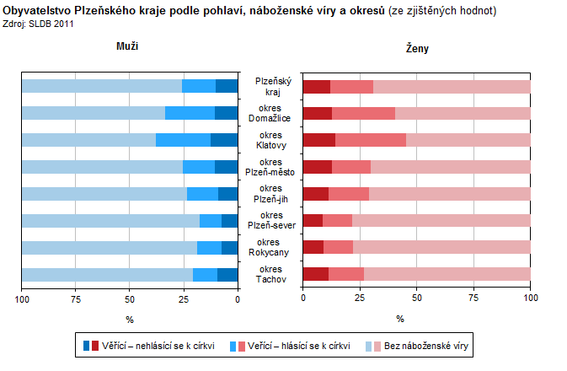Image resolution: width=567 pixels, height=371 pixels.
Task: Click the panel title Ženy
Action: pyautogui.click(x=417, y=49)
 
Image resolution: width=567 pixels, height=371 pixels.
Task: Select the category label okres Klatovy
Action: pyautogui.click(x=270, y=140)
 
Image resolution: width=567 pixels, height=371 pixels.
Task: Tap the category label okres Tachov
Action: pyautogui.click(x=270, y=275)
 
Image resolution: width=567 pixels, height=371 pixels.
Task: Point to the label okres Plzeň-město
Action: pyautogui.click(x=270, y=167)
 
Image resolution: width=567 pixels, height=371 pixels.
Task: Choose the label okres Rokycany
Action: pyautogui.click(x=270, y=248)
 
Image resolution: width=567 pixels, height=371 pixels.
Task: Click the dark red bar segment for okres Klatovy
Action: pyautogui.click(x=318, y=140)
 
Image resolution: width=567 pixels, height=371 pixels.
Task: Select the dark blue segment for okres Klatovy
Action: pyautogui.click(x=224, y=140)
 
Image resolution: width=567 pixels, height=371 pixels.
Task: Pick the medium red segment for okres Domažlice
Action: pyautogui.click(x=363, y=113)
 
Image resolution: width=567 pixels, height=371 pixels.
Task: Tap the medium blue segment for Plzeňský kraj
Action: pyautogui.click(x=199, y=86)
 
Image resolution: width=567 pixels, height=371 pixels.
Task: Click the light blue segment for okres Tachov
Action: pyautogui.click(x=107, y=275)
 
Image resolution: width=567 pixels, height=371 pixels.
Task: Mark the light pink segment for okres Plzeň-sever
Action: pyautogui.click(x=441, y=221)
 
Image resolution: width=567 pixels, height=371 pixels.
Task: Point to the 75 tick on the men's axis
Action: pyautogui.click(x=76, y=299)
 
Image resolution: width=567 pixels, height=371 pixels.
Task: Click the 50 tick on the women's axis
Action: pyautogui.click(x=416, y=299)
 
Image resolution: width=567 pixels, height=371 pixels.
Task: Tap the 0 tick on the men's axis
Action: pyautogui.click(x=238, y=299)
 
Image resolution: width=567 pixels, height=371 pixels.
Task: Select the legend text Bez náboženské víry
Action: pyautogui.click(x=427, y=346)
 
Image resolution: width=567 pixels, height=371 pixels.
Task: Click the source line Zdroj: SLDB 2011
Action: pyautogui.click(x=40, y=24)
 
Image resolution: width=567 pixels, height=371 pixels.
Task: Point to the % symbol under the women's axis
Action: pyautogui.click(x=400, y=319)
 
